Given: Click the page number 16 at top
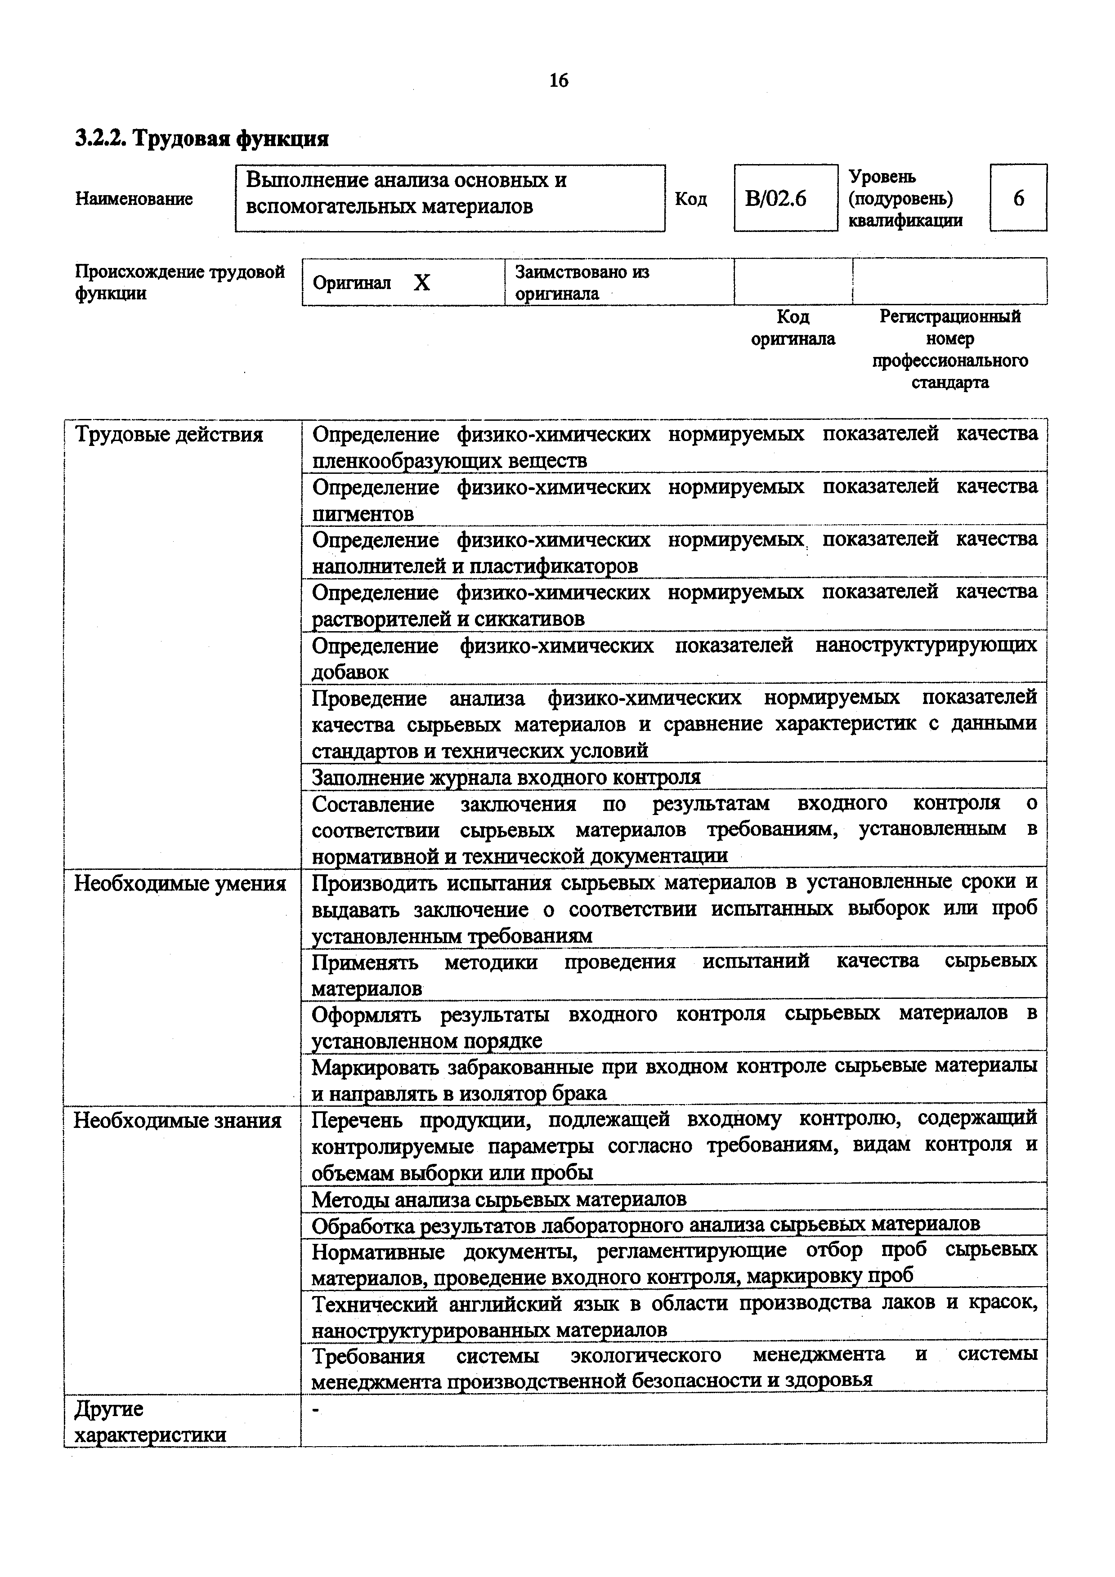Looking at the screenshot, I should coord(559,81).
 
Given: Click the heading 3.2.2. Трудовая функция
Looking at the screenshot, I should coord(202,139).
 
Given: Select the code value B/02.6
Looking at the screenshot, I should coord(775,199).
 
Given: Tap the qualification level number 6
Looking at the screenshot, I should coord(1018,199).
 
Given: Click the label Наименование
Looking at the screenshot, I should coord(134,199).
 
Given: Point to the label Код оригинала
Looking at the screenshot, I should coord(793,328).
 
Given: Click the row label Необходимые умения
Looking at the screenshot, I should coord(180,883).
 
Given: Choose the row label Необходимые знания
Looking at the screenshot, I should coord(177,1121).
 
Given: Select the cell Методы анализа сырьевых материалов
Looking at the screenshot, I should coord(499,1199).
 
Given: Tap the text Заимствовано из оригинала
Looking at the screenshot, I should coord(581,283).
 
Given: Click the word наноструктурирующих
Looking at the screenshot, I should coord(925,646).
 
